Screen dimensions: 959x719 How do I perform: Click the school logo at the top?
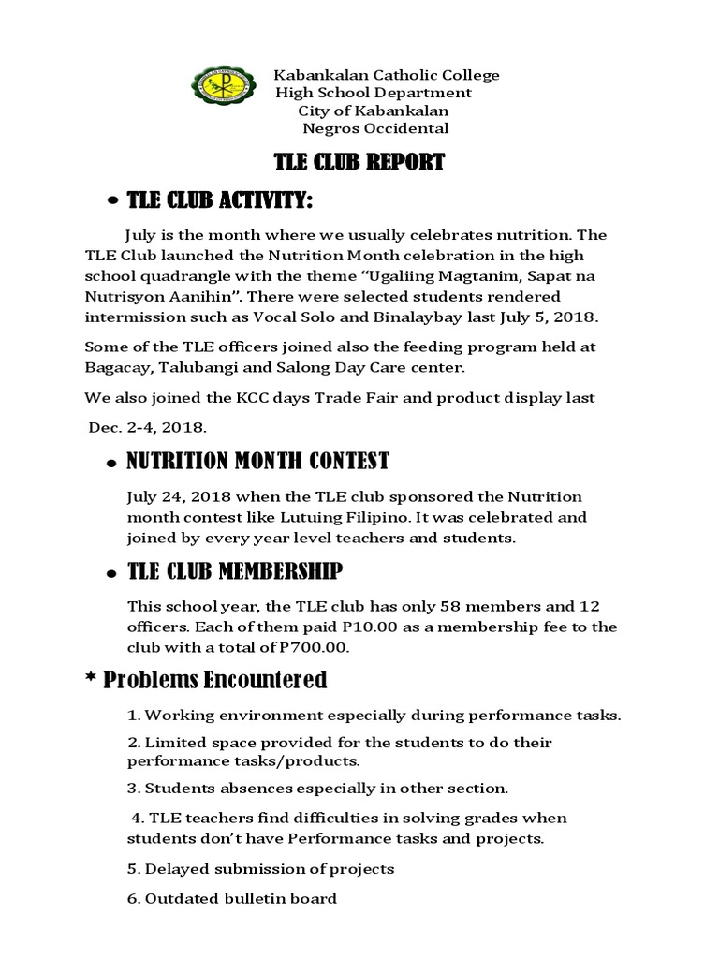point(221,92)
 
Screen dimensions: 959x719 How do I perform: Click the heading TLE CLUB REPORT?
point(359,162)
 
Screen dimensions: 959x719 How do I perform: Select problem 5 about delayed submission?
point(260,868)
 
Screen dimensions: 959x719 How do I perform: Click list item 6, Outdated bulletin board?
point(231,899)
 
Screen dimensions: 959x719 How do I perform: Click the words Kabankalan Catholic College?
point(386,75)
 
